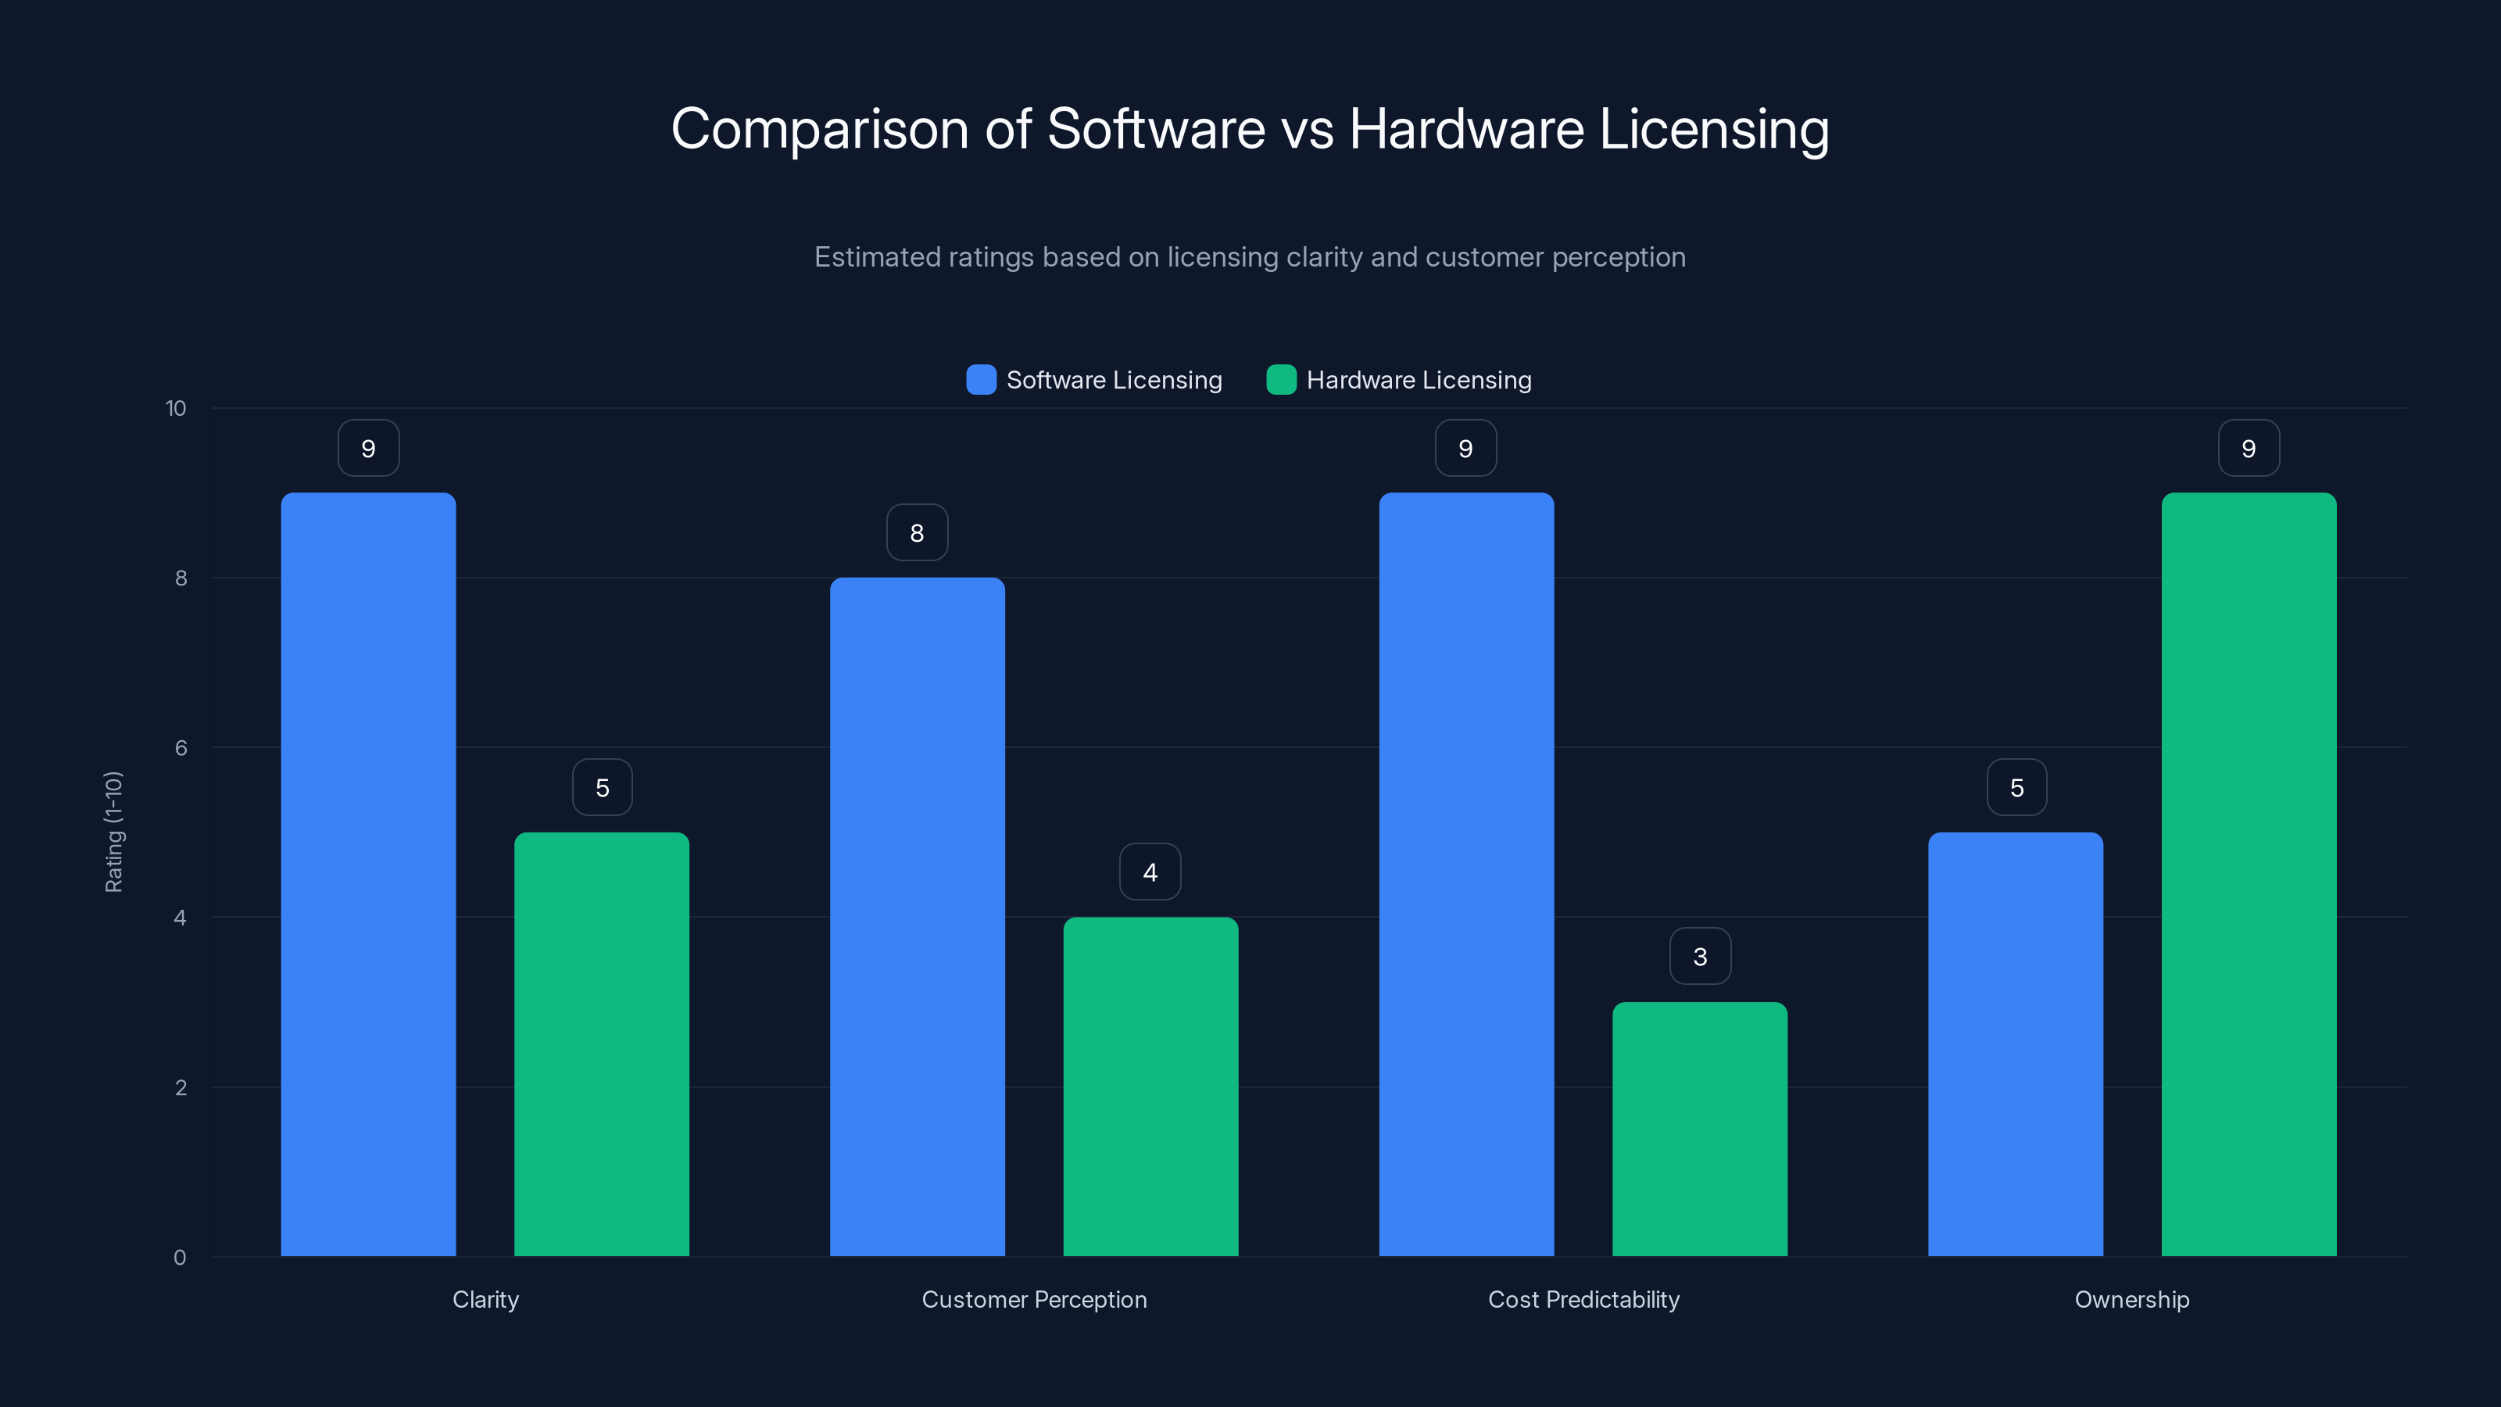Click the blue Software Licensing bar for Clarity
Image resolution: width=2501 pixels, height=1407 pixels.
(368, 874)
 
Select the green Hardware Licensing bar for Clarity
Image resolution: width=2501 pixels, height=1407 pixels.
(601, 1044)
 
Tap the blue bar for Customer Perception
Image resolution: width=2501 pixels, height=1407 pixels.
(917, 917)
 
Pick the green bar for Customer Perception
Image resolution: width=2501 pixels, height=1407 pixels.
(1150, 1087)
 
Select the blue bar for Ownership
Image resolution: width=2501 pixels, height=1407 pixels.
(2015, 1044)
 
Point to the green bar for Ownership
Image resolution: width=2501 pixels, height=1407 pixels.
(2249, 874)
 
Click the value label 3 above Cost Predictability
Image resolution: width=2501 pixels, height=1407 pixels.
(1700, 957)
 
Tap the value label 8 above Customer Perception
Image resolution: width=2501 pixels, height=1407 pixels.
(917, 532)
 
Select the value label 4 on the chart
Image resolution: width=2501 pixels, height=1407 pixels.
(1150, 872)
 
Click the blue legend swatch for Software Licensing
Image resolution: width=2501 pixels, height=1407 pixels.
(981, 380)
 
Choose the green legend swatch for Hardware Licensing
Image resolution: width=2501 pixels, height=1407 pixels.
(1281, 380)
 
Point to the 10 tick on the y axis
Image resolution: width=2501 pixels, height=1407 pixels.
(176, 408)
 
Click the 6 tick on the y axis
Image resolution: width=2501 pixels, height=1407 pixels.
(181, 748)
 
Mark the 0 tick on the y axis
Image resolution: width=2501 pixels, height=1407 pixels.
(180, 1258)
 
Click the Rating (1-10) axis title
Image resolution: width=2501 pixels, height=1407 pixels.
(113, 832)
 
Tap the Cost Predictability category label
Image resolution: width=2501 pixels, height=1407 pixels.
(1583, 1299)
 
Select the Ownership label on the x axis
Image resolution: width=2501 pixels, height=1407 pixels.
(2132, 1299)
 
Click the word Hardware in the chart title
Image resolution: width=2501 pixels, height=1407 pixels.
(1466, 129)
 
